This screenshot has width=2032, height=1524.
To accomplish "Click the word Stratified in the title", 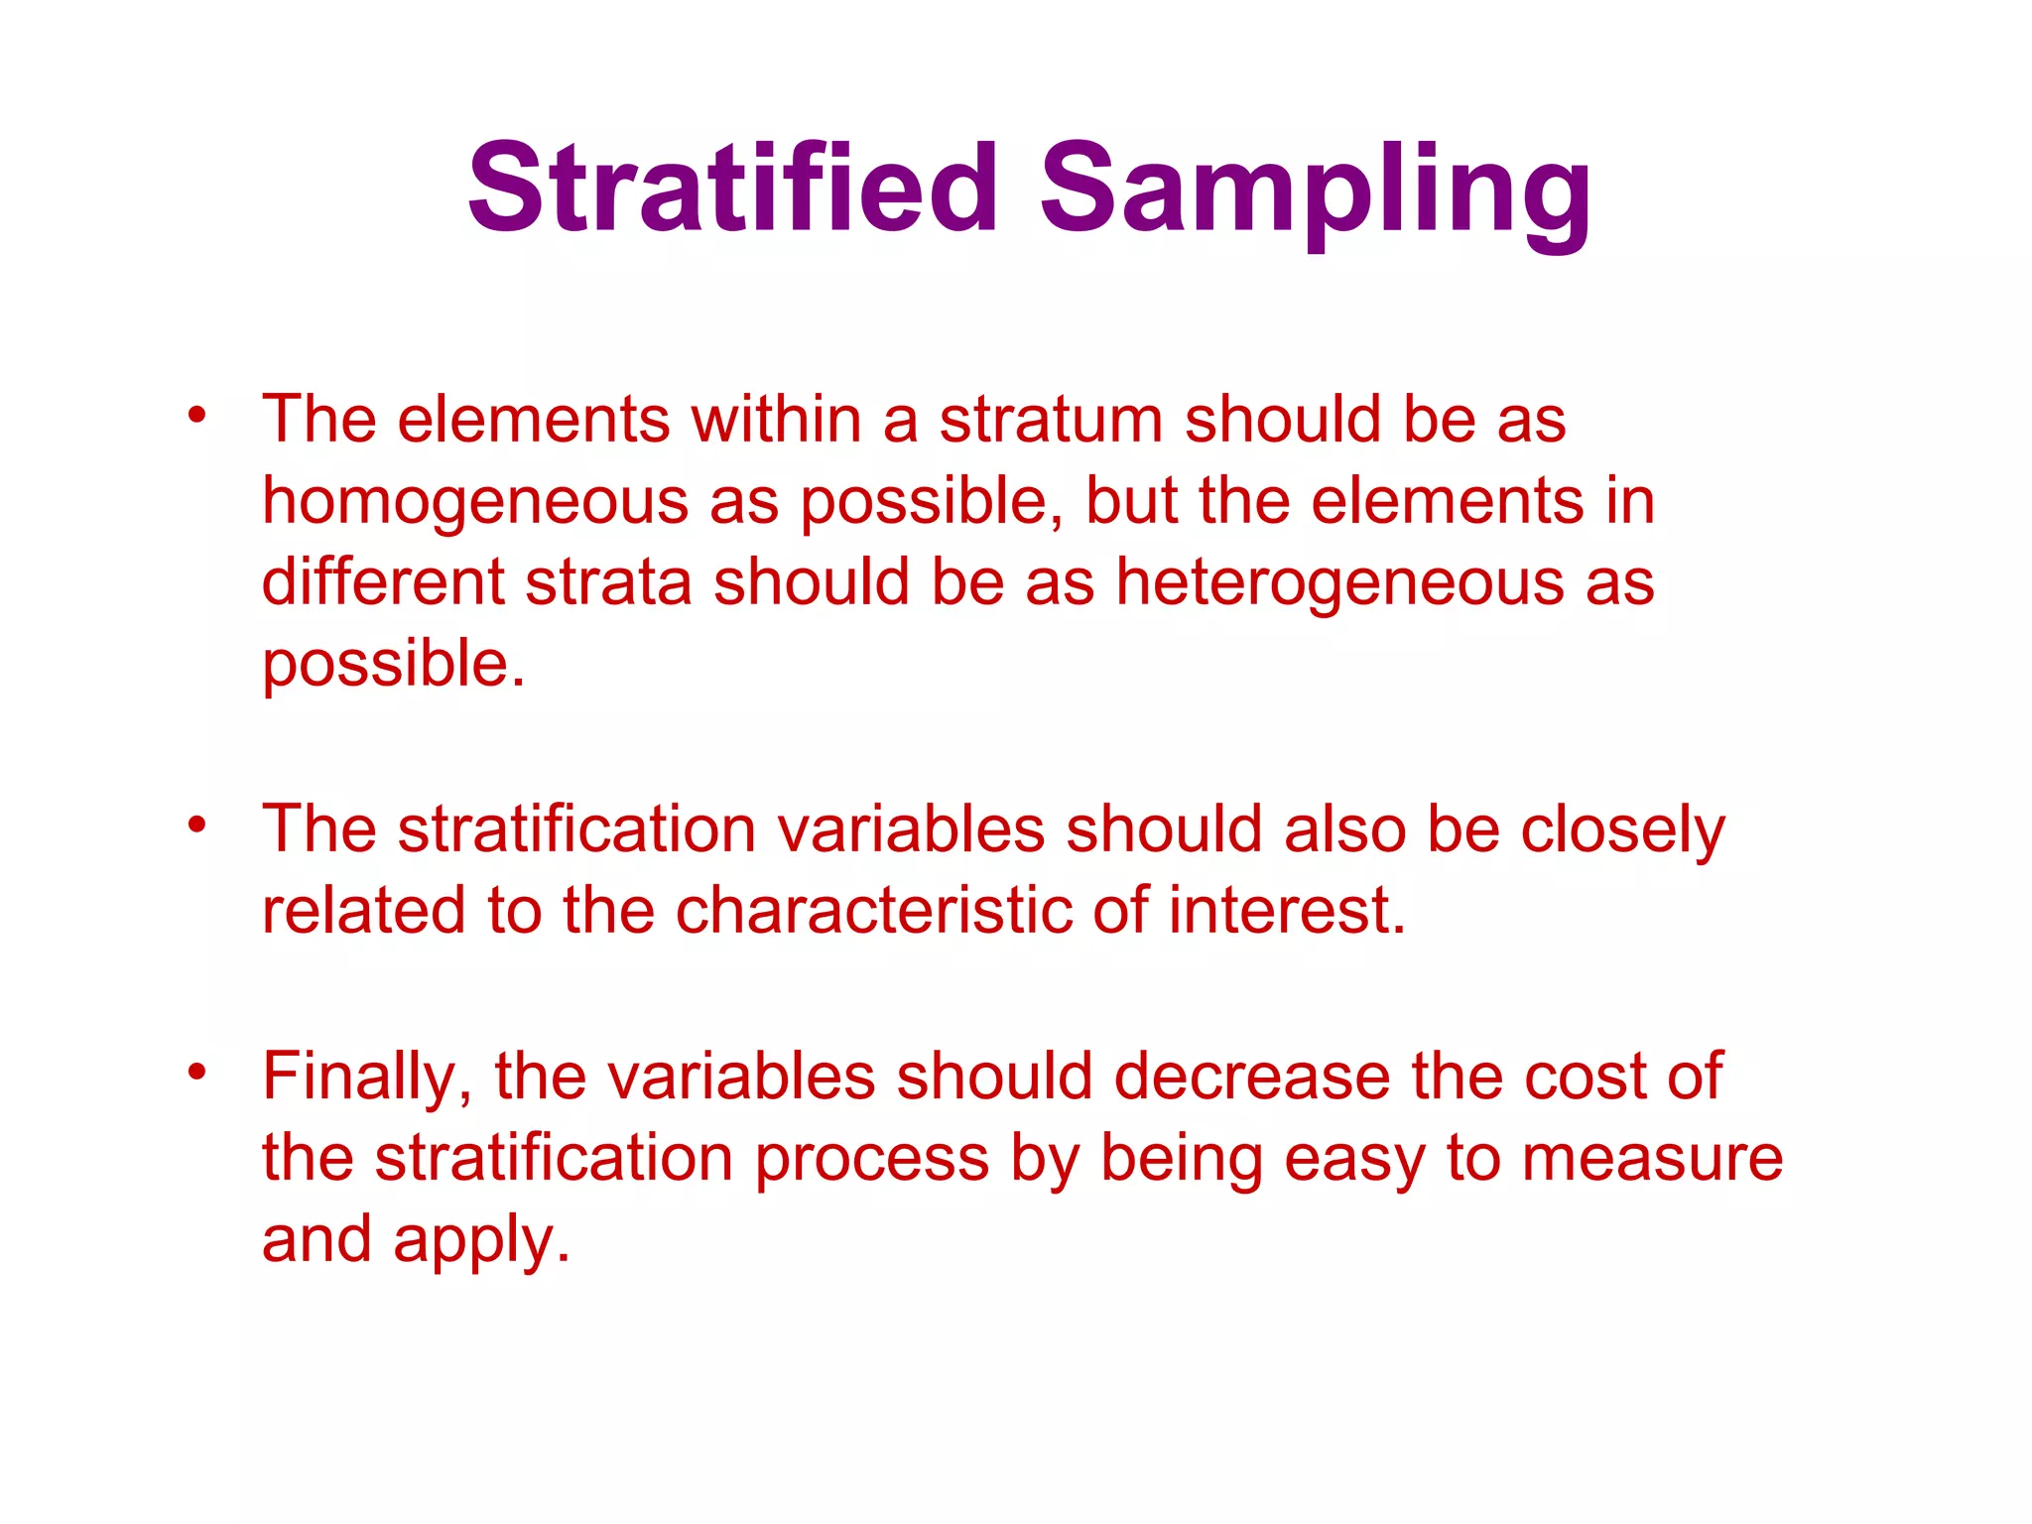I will [732, 189].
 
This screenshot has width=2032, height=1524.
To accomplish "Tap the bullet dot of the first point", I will [197, 415].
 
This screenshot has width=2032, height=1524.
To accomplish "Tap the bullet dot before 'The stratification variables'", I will [197, 825].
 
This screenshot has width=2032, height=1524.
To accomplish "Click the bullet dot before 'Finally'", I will [197, 1072].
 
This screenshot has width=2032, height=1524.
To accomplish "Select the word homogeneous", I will [475, 502].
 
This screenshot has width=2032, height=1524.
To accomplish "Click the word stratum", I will [1051, 420].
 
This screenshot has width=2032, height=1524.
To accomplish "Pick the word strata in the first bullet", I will [607, 583].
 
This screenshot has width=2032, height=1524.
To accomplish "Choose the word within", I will [776, 420].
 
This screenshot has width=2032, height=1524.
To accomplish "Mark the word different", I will [383, 583].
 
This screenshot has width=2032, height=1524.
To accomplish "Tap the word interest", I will [1287, 911].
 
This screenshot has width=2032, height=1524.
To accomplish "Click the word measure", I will [1652, 1159].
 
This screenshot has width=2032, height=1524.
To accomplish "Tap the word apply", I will [481, 1242].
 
